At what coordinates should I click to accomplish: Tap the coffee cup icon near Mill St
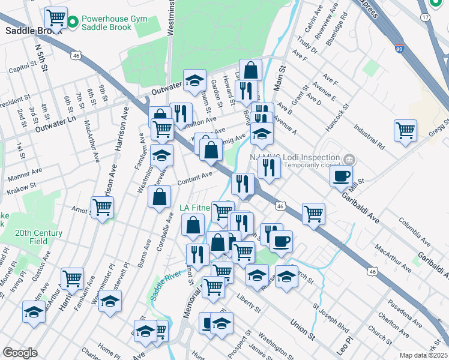click(341, 176)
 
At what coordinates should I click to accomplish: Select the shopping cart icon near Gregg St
click(405, 130)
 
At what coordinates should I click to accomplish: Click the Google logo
click(20, 353)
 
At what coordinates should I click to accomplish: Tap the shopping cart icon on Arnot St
click(102, 208)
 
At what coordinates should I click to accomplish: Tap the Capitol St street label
click(23, 70)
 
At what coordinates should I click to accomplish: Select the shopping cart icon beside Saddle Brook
click(56, 17)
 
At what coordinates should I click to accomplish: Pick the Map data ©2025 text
click(424, 356)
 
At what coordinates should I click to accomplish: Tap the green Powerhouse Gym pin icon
click(73, 23)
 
